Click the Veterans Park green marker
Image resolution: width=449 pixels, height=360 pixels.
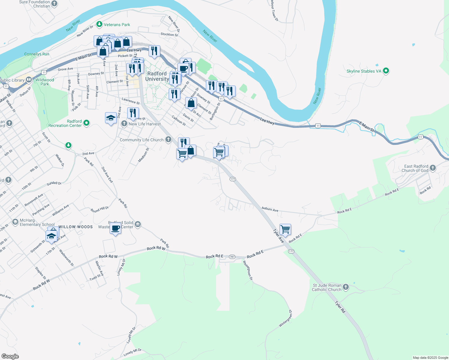(x=99, y=24)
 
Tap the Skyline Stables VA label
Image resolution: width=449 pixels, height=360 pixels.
(x=364, y=71)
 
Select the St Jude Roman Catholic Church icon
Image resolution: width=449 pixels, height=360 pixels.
(x=346, y=287)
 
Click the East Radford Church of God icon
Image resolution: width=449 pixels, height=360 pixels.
(x=432, y=168)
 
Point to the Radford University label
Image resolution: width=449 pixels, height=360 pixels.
(x=157, y=76)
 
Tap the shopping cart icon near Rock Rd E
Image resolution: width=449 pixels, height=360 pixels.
(x=285, y=229)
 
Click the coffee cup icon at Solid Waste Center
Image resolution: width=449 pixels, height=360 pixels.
(x=116, y=228)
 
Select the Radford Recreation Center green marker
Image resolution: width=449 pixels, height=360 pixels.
(x=86, y=123)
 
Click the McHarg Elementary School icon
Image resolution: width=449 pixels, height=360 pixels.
(x=15, y=222)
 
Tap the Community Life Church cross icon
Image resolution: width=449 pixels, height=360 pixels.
(x=168, y=139)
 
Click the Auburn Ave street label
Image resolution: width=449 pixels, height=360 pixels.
(x=270, y=209)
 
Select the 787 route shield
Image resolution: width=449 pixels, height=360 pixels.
(x=232, y=257)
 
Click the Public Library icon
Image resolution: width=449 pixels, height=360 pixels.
(x=29, y=80)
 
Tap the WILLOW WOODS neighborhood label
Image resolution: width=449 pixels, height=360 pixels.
(x=76, y=227)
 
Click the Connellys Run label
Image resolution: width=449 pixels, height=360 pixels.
(x=37, y=54)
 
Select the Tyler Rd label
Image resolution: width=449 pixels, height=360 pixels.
(x=340, y=307)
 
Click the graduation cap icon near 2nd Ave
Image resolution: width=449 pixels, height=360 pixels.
(x=111, y=118)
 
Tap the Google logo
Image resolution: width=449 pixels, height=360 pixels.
(x=10, y=356)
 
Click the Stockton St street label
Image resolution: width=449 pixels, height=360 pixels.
(x=169, y=34)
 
